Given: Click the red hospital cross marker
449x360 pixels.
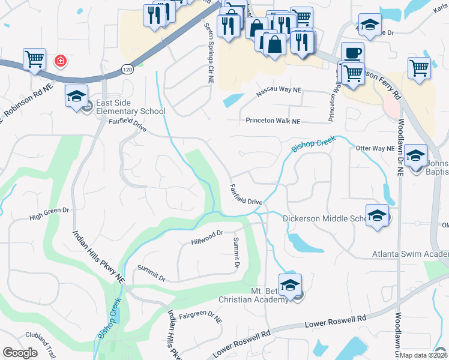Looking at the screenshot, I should [x=60, y=61].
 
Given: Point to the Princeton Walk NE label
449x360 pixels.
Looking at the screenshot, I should [x=273, y=121].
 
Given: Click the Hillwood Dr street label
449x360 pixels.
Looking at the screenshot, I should [x=207, y=238].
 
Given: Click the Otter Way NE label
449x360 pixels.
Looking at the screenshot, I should [x=375, y=148].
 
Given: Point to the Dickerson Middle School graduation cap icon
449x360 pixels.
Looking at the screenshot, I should [x=377, y=215].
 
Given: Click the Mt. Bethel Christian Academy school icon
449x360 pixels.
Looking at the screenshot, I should [x=290, y=284].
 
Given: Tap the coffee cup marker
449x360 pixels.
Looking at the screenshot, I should [x=352, y=53].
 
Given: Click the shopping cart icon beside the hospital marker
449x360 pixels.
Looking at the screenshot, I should [x=35, y=59].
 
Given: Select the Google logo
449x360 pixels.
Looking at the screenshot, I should [x=20, y=353].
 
